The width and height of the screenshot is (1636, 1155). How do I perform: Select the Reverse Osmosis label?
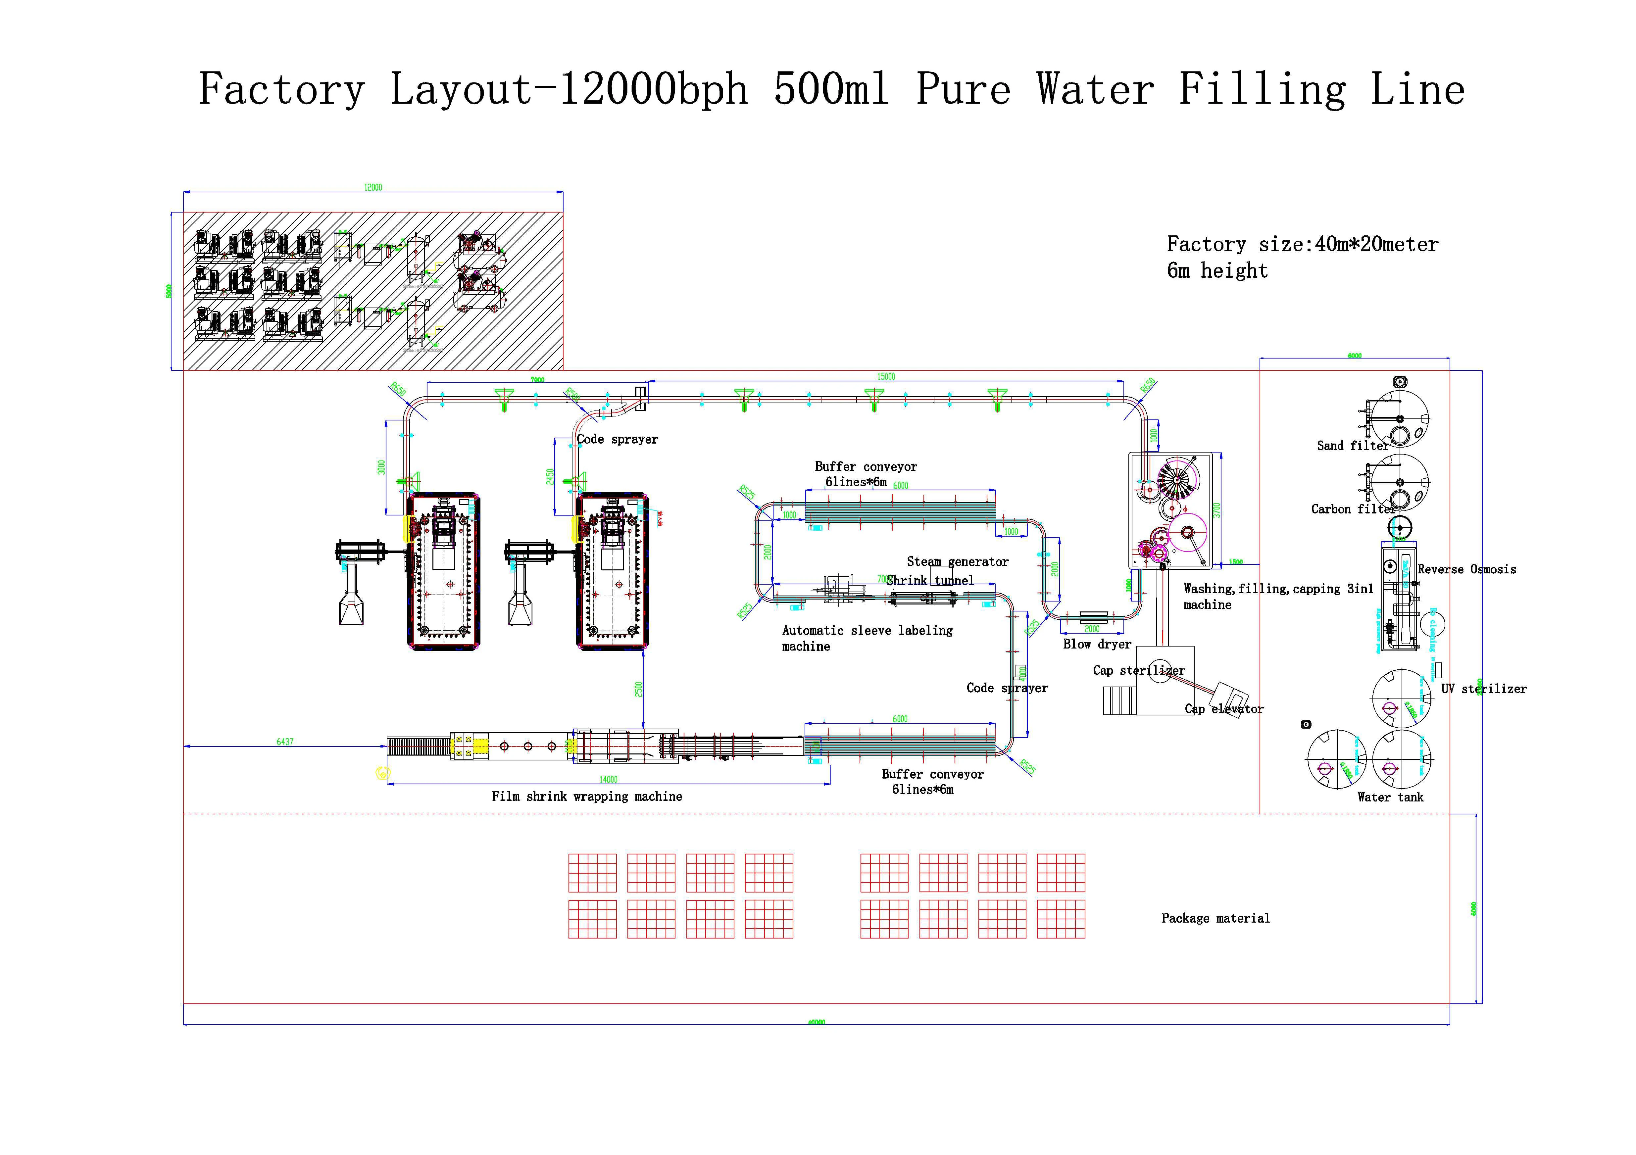tap(1466, 569)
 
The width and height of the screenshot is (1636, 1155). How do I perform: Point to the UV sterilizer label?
tap(1483, 689)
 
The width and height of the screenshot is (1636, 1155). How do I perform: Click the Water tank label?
tap(1390, 797)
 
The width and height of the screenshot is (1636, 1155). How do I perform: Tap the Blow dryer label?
tap(1097, 644)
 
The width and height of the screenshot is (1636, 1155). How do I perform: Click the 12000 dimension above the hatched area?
tap(372, 187)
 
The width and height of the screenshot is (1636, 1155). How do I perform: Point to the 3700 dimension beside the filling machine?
tap(1217, 510)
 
